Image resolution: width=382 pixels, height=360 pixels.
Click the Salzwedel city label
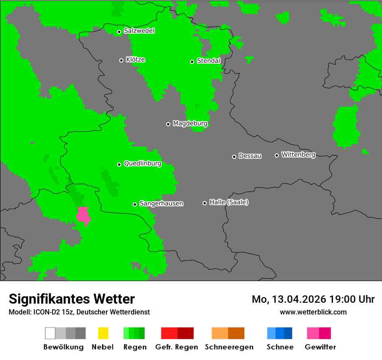pyautogui.click(x=139, y=31)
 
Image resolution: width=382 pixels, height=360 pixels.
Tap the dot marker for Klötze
pyautogui.click(x=121, y=60)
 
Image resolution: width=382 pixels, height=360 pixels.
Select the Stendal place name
pyautogui.click(x=209, y=61)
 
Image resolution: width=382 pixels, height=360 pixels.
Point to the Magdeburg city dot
pyautogui.click(x=168, y=124)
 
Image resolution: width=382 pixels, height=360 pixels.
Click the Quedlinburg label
pyautogui.click(x=142, y=164)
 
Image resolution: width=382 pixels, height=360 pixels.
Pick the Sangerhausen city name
pyautogui.click(x=161, y=203)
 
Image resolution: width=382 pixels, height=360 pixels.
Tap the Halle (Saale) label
pyautogui.click(x=229, y=202)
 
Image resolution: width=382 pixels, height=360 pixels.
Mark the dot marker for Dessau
pyautogui.click(x=234, y=157)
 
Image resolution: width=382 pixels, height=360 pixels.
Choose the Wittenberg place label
pyautogui.click(x=298, y=154)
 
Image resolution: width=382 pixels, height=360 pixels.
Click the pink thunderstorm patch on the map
pyautogui.click(x=83, y=216)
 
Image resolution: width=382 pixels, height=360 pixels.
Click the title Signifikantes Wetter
pyautogui.click(x=72, y=299)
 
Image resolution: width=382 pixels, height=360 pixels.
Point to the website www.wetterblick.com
pyautogui.click(x=313, y=312)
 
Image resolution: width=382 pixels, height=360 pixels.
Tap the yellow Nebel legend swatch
pyautogui.click(x=103, y=333)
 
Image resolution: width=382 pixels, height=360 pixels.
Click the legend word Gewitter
pyautogui.click(x=320, y=347)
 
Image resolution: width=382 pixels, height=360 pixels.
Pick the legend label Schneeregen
pyautogui.click(x=229, y=347)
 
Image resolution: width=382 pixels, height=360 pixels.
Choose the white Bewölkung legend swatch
pyautogui.click(x=50, y=333)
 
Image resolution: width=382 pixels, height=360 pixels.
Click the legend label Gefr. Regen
pyautogui.click(x=177, y=347)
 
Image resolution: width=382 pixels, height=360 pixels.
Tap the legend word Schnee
pyautogui.click(x=280, y=347)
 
